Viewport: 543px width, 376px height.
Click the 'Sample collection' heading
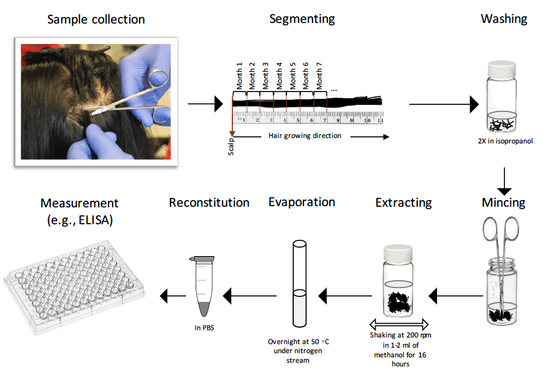click(96, 19)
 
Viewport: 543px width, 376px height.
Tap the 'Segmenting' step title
click(302, 19)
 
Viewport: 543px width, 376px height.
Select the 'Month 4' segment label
click(279, 75)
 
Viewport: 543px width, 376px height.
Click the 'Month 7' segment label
click(320, 75)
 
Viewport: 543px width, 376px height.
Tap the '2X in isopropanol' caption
click(503, 142)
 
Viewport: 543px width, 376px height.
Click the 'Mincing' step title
click(503, 202)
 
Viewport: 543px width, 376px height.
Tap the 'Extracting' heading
click(403, 202)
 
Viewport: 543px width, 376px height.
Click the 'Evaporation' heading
click(302, 202)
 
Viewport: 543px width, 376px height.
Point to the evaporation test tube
click(299, 283)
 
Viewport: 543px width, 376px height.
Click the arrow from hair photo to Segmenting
click(205, 105)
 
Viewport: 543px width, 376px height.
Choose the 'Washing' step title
click(504, 19)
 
